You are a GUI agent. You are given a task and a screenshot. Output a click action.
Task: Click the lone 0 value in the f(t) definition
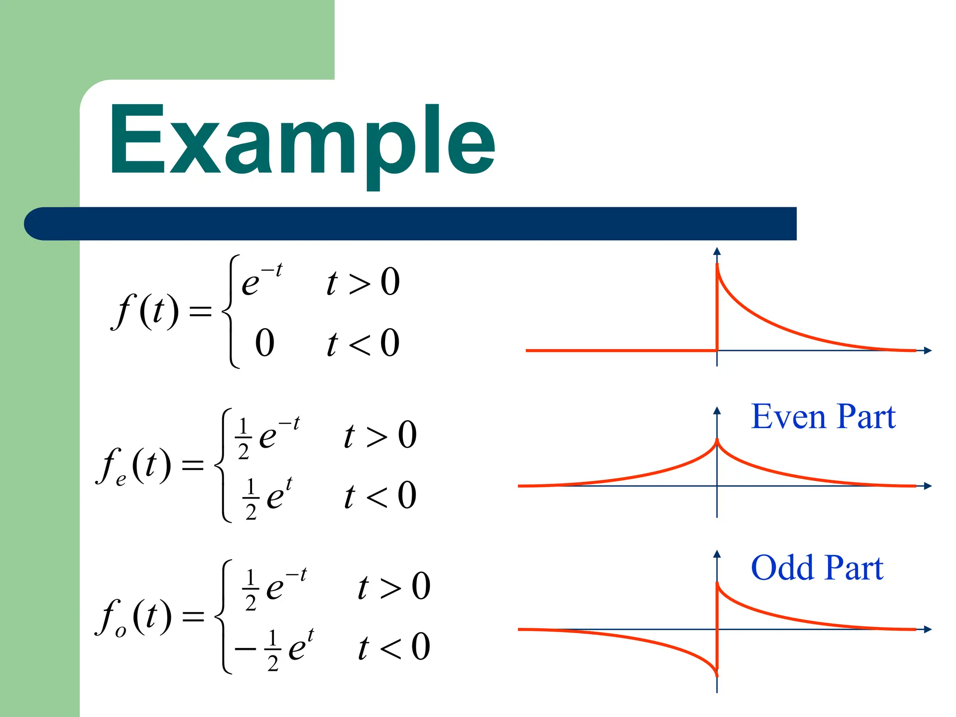tap(265, 343)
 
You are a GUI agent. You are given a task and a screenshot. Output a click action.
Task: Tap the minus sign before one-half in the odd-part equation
tap(245, 649)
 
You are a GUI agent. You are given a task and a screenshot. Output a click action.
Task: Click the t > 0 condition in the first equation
tap(363, 282)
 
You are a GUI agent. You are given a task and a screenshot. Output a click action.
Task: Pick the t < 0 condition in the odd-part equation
tap(394, 647)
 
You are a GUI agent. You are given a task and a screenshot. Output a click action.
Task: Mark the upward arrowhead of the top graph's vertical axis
tap(717, 251)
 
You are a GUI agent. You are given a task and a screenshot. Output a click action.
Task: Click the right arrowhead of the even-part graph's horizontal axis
tap(928, 486)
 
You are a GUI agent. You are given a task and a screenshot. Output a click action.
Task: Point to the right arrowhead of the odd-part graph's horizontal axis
tap(928, 629)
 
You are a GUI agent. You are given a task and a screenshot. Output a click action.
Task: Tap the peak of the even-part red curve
tap(717, 440)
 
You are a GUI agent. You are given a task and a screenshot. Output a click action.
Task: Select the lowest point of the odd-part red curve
tap(717, 675)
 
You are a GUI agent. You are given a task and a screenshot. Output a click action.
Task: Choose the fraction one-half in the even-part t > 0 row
tap(243, 439)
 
